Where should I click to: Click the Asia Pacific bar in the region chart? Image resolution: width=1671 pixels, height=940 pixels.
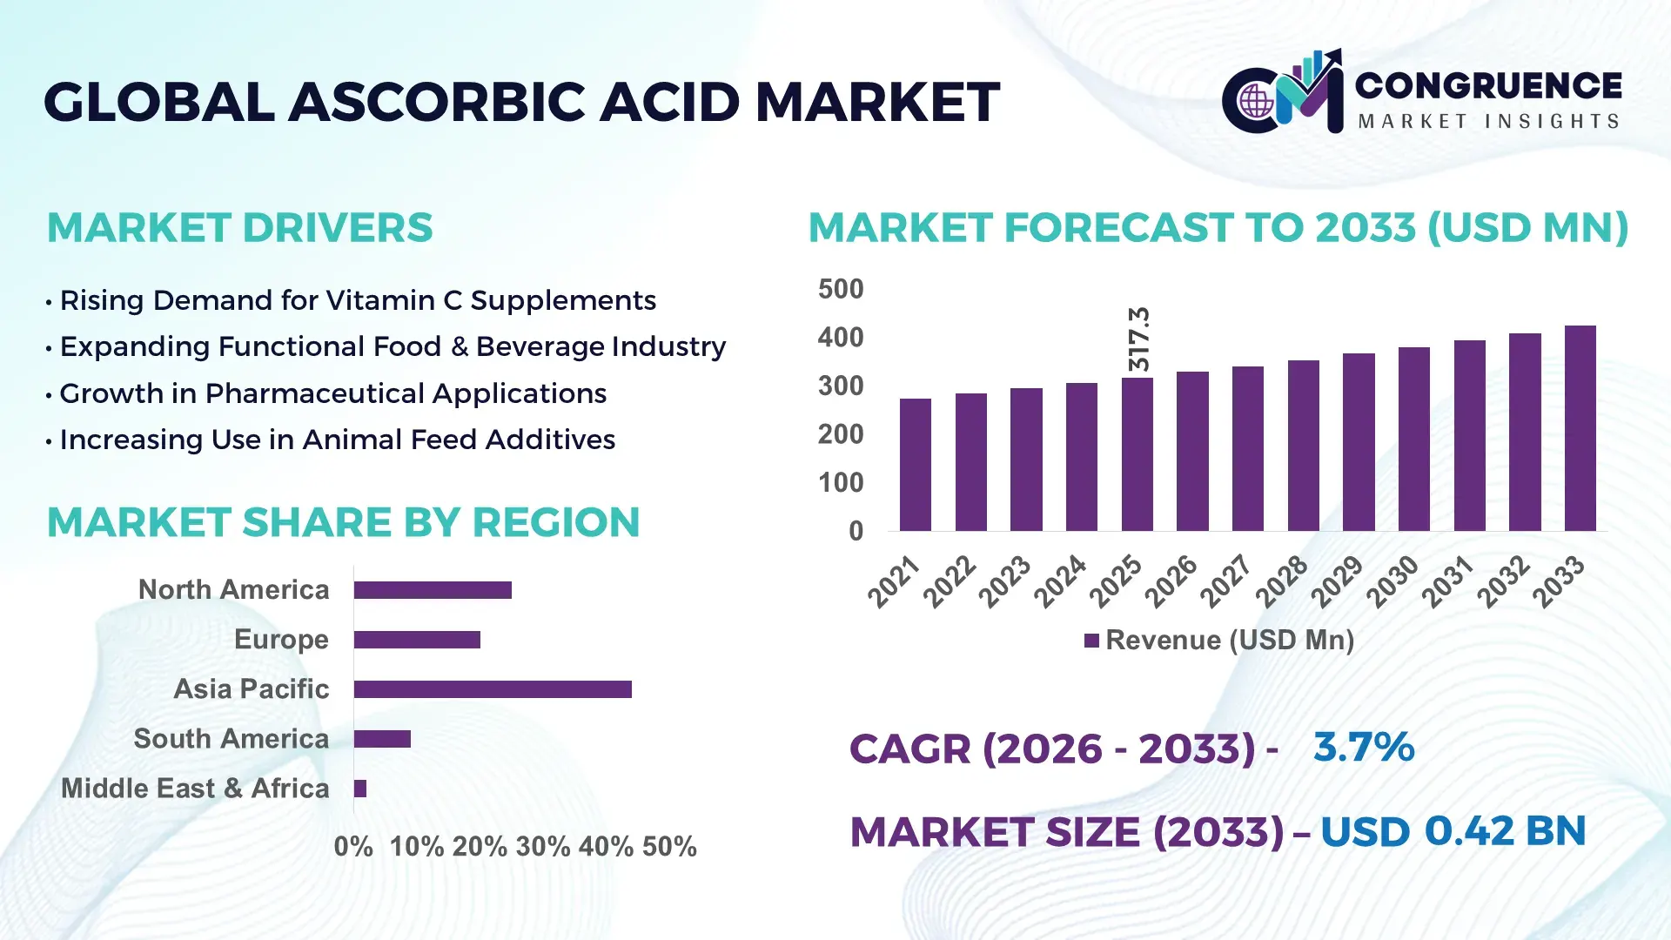[493, 689]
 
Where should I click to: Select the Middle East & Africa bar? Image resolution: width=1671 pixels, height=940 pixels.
[360, 789]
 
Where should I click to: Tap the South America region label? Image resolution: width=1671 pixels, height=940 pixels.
[231, 739]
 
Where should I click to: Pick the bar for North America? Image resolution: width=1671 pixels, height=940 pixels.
[433, 590]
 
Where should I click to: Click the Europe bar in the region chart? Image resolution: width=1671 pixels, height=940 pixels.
[417, 640]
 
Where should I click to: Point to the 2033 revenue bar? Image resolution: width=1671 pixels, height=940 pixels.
[1580, 428]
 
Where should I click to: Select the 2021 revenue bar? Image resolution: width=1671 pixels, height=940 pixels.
[915, 465]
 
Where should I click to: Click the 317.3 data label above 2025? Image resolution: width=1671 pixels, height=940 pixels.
[1138, 339]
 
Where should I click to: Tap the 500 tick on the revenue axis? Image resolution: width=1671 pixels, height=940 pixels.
[840, 289]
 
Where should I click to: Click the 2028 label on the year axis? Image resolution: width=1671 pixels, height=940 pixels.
[1281, 581]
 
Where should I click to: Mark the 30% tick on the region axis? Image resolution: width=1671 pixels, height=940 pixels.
[543, 847]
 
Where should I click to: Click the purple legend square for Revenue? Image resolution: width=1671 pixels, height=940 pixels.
[1091, 641]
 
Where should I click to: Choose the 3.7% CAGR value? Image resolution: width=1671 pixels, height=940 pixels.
[1364, 747]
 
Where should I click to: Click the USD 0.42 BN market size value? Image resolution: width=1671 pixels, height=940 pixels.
[1453, 831]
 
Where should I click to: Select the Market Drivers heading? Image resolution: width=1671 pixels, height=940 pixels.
[239, 228]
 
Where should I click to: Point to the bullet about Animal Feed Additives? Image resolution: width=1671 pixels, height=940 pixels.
[337, 440]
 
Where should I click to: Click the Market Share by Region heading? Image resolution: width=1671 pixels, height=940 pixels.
[343, 522]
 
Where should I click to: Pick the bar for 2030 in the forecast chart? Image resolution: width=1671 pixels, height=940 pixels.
[1413, 439]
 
